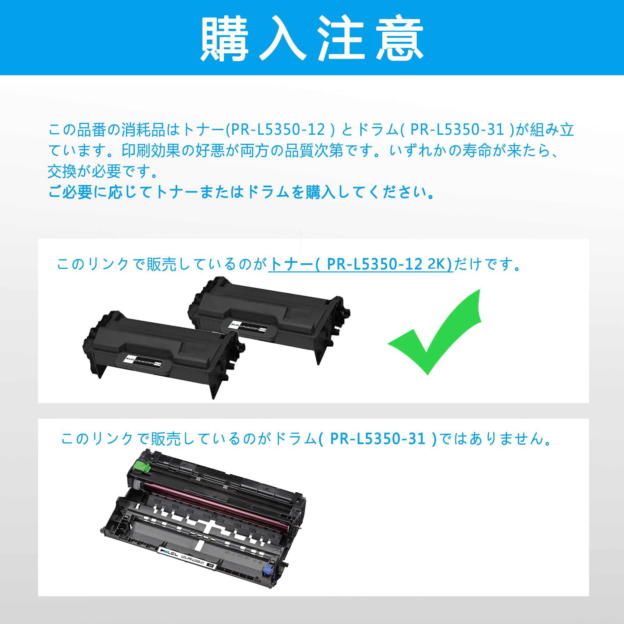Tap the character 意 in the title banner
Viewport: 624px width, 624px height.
400,38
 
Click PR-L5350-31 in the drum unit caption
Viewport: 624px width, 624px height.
378,439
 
